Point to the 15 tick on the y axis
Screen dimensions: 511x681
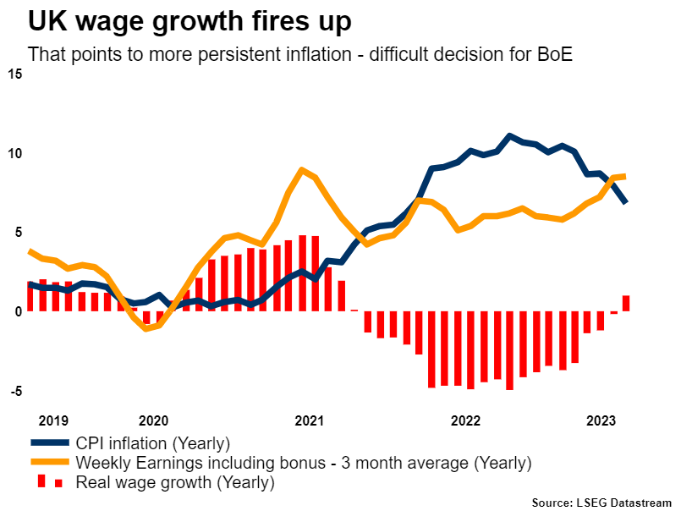pos(14,74)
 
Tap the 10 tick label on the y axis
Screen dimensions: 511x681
pos(14,154)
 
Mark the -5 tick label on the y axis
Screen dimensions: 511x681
pos(14,392)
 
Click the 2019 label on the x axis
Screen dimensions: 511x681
pos(54,420)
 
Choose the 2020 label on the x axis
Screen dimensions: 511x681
pos(153,420)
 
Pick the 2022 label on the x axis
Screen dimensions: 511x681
pos(466,420)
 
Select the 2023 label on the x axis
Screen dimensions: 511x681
pos(601,420)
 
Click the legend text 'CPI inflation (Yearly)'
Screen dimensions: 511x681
pos(153,442)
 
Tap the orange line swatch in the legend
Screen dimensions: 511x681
pos(50,463)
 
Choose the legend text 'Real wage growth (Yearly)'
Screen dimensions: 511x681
pos(175,483)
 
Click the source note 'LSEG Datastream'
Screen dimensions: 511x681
pos(623,503)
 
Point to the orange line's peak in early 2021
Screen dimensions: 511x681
pos(302,170)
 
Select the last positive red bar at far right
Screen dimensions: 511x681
pos(626,303)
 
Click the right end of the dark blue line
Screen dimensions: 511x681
pos(625,202)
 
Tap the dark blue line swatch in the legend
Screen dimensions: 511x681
pos(50,442)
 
